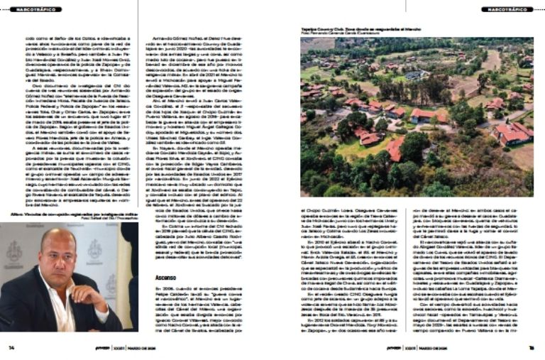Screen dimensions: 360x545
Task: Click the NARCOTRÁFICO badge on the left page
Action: point(35,9)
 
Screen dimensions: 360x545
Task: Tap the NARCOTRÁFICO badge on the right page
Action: point(507,9)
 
